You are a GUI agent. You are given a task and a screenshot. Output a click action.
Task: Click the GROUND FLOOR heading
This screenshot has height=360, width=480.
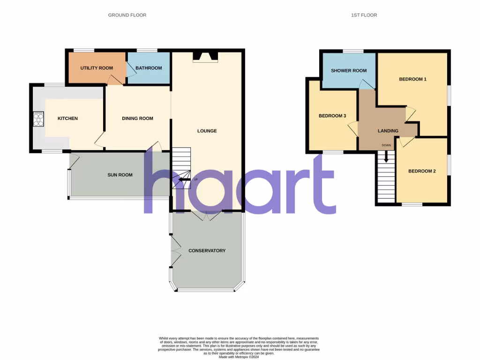(127, 15)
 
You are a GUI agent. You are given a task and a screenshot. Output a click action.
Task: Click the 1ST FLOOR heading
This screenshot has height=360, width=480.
(364, 15)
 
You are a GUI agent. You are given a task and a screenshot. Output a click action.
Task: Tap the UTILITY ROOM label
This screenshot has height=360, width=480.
(97, 68)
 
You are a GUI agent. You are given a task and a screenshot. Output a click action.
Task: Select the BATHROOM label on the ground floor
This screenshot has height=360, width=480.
(149, 68)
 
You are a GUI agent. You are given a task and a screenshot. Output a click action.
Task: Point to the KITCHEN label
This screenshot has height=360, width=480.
(67, 119)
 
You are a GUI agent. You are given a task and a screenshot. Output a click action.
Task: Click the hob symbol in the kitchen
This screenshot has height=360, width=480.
(38, 119)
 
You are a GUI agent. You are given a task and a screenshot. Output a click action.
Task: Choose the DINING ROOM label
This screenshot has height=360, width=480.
(137, 119)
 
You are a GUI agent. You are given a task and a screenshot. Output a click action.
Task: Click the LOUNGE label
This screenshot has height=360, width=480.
(207, 131)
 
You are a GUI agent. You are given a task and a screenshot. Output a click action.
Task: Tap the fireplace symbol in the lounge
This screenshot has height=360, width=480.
(205, 57)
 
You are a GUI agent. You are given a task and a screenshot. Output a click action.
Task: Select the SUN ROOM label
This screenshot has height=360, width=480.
(120, 175)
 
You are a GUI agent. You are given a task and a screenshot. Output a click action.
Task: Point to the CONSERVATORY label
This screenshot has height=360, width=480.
(207, 251)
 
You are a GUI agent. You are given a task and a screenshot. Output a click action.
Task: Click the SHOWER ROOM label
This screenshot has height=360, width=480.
(349, 71)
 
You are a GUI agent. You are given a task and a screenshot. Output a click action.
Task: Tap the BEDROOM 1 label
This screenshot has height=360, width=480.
(412, 79)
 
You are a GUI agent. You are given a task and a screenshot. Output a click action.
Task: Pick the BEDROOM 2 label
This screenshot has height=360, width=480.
(422, 171)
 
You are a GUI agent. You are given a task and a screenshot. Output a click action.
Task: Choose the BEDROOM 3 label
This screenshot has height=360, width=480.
(332, 116)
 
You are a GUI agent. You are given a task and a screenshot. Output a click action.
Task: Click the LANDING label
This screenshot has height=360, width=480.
(388, 131)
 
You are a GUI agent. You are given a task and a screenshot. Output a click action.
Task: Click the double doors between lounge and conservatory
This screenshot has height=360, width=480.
(206, 215)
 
